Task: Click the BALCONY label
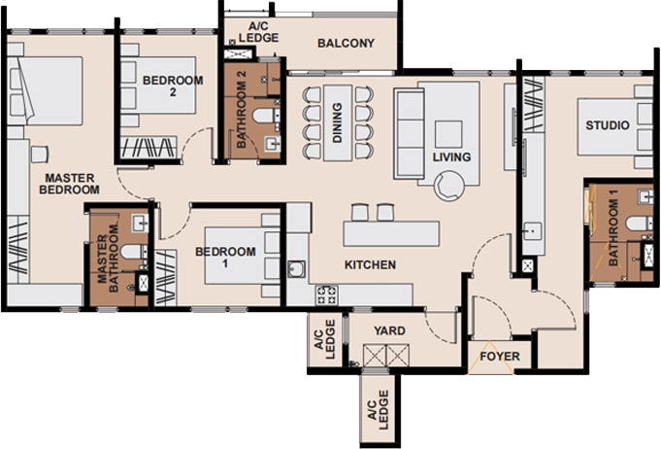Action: point(346,43)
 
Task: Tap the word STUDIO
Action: point(608,125)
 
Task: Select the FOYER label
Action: point(500,357)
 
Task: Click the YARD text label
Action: point(389,330)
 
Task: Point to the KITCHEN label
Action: point(370,265)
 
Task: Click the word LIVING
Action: point(451,157)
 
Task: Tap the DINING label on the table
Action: point(337,122)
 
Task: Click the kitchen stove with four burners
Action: point(327,295)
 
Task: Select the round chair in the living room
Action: point(449,186)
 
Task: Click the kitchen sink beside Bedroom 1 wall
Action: point(297,269)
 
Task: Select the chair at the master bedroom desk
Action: point(40,154)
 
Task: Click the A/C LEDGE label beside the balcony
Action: point(258,32)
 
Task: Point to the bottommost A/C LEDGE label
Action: point(378,410)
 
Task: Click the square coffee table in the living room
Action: point(448,134)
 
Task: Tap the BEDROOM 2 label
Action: point(173,86)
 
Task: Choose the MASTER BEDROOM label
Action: point(70,184)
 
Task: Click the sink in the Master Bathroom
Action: point(140,223)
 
